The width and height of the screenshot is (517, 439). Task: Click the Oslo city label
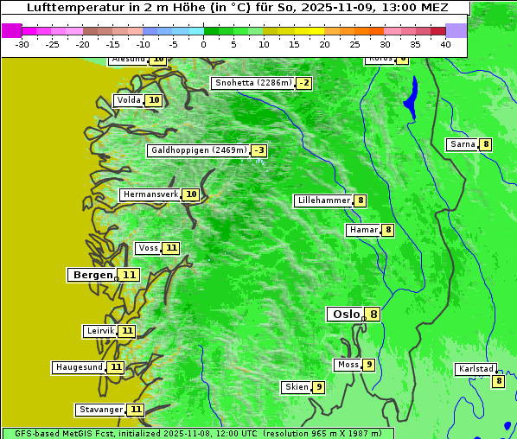(346, 315)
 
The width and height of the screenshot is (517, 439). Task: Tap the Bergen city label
(93, 275)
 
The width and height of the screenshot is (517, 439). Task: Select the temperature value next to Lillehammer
(361, 200)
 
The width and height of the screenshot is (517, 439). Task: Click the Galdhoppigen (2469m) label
(199, 150)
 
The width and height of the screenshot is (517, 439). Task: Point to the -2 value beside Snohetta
(303, 84)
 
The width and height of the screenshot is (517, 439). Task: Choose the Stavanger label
(100, 410)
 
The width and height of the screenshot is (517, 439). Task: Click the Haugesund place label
(80, 367)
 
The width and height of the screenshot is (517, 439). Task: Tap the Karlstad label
(476, 369)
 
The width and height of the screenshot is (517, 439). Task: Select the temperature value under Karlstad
(498, 381)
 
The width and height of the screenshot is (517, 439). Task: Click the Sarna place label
(463, 144)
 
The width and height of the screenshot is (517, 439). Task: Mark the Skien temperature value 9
(319, 387)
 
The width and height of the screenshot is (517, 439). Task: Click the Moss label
(348, 365)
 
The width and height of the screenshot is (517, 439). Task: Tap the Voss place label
(148, 248)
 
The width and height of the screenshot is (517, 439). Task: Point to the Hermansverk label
(150, 194)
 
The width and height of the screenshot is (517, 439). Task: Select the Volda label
(128, 100)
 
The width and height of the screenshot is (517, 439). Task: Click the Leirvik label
(100, 331)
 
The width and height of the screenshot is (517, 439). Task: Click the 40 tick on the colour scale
(445, 44)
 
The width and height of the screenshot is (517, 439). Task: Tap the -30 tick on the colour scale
(22, 44)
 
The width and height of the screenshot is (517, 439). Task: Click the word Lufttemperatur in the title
(64, 7)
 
